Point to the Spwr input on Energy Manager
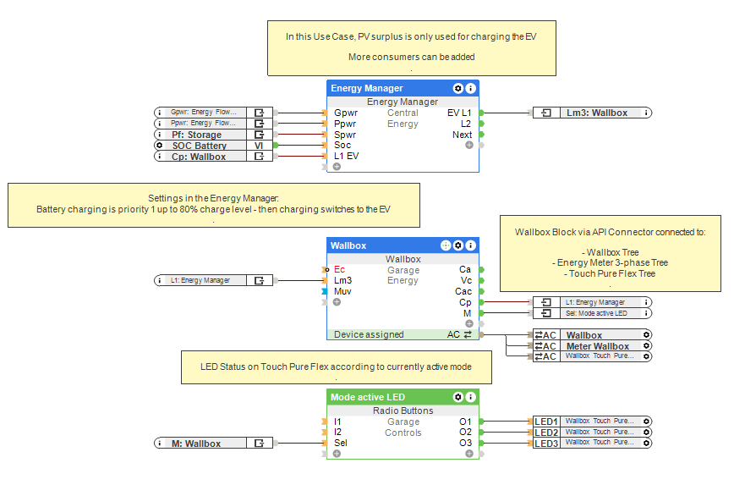coord(345,135)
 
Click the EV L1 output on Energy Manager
coord(459,113)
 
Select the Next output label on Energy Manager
coord(462,135)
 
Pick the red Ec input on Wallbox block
coord(340,269)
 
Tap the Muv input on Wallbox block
coord(342,291)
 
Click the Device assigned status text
coord(369,334)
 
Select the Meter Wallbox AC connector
coord(597,346)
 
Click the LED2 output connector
coord(546,433)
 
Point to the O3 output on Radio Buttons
coord(465,443)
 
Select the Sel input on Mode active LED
coord(341,443)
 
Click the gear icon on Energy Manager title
coord(458,88)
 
